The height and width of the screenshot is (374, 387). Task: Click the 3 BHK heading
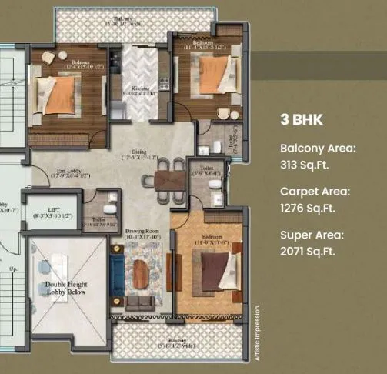(x=302, y=120)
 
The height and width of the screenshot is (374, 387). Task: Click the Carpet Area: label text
(x=315, y=191)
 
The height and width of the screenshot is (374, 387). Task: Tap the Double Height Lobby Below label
(x=66, y=289)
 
